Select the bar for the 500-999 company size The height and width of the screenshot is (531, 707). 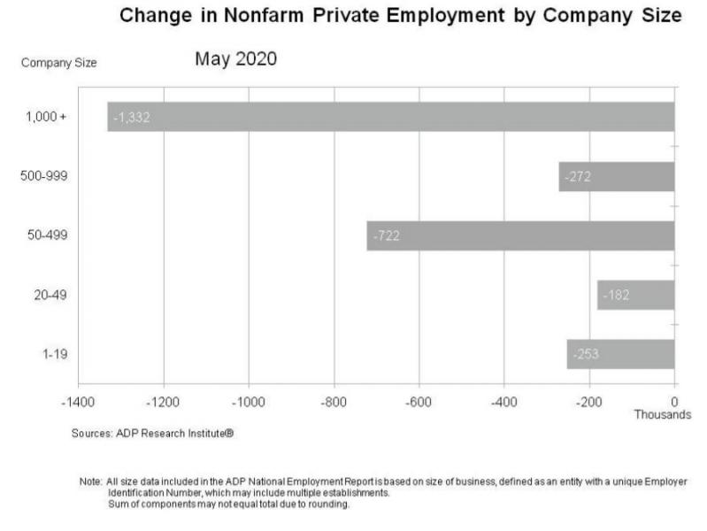pyautogui.click(x=616, y=176)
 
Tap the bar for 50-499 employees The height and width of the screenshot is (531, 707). pyautogui.click(x=520, y=235)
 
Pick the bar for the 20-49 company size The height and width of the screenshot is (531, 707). pyautogui.click(x=635, y=295)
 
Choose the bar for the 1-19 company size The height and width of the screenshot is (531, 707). pyautogui.click(x=620, y=354)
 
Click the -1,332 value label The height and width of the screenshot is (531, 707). pyautogui.click(x=132, y=117)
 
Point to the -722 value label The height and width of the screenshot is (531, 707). pyautogui.click(x=388, y=235)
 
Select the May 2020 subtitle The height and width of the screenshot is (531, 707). pyautogui.click(x=236, y=59)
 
